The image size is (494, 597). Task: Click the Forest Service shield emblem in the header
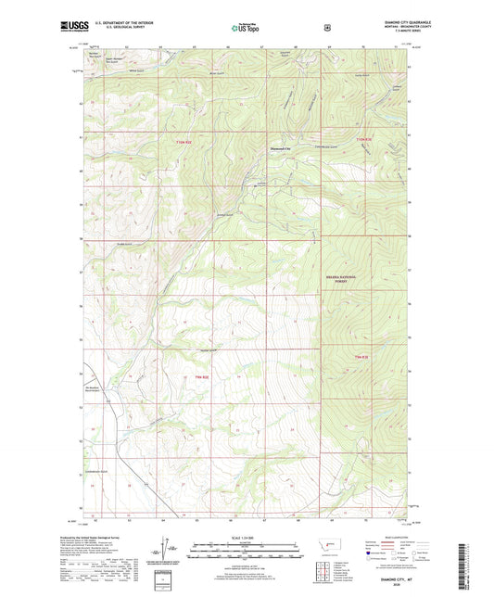(327, 27)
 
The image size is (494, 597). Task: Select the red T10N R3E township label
(362, 140)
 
